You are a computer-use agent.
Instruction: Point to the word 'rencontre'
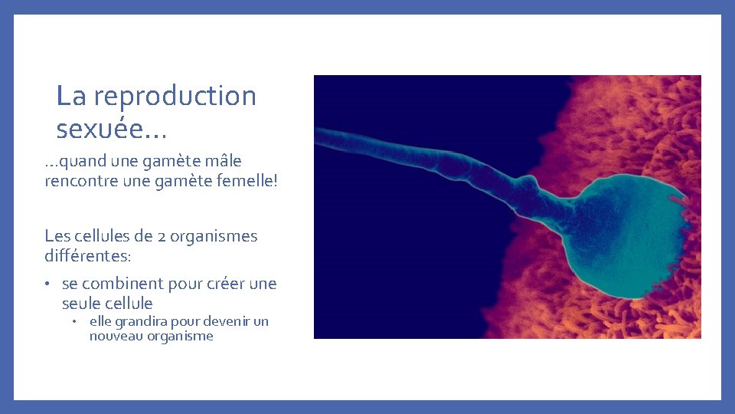pyautogui.click(x=77, y=182)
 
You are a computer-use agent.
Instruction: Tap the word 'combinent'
pyautogui.click(x=117, y=284)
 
